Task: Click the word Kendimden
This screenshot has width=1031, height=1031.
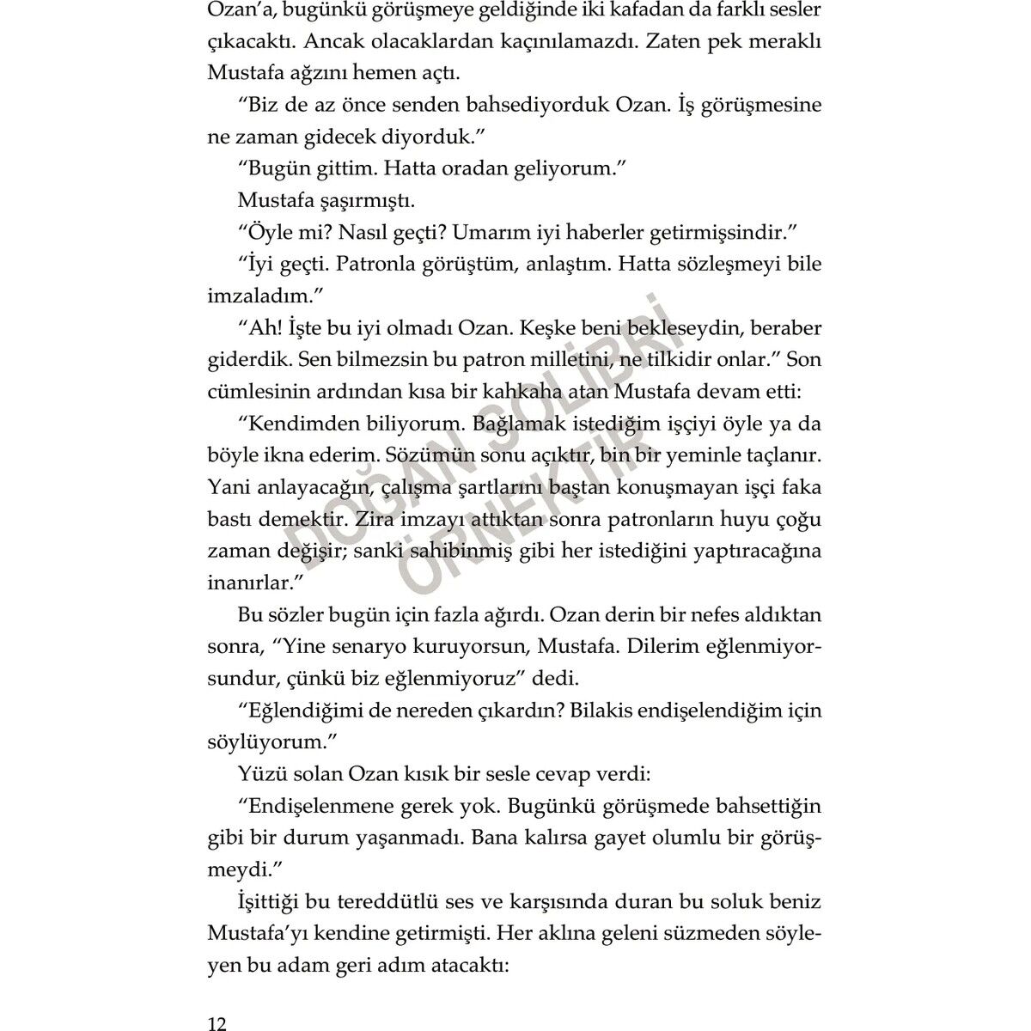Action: coord(296,424)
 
